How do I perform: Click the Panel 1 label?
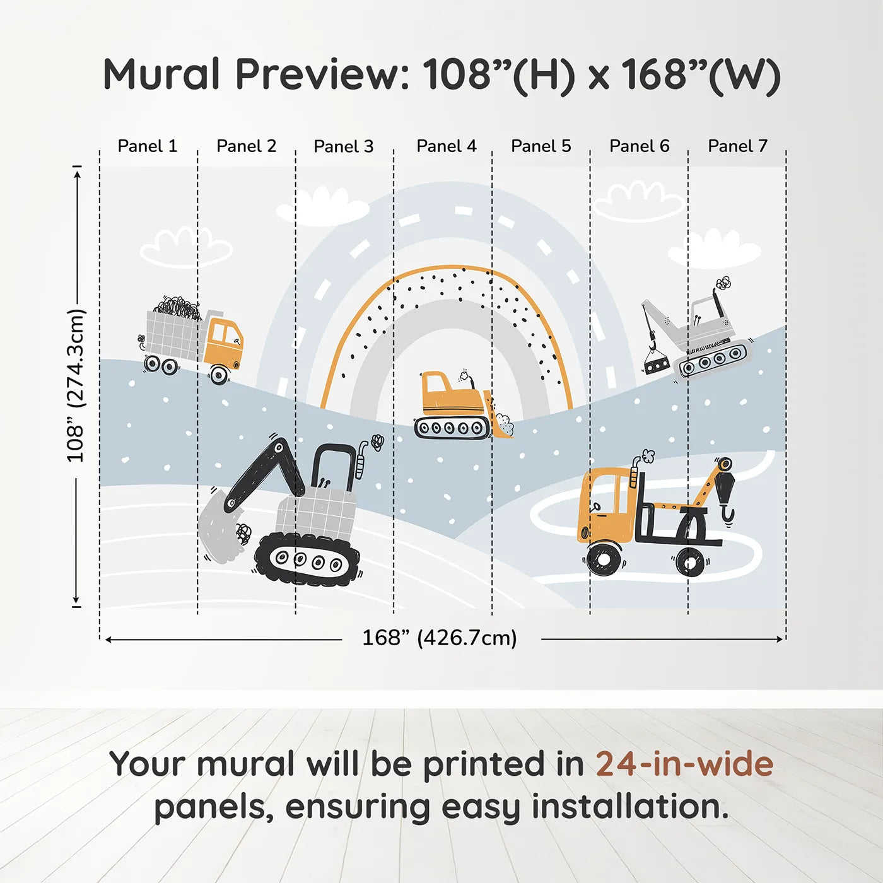[147, 146]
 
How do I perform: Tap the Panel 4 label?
[447, 146]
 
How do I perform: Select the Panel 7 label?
[737, 146]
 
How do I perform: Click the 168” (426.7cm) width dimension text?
[440, 638]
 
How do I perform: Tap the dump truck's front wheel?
[219, 375]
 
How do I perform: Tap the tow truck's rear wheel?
[690, 561]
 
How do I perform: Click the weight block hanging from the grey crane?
[656, 365]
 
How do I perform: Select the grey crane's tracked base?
[713, 359]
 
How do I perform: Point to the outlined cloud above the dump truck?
[186, 247]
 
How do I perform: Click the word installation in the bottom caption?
[629, 807]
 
